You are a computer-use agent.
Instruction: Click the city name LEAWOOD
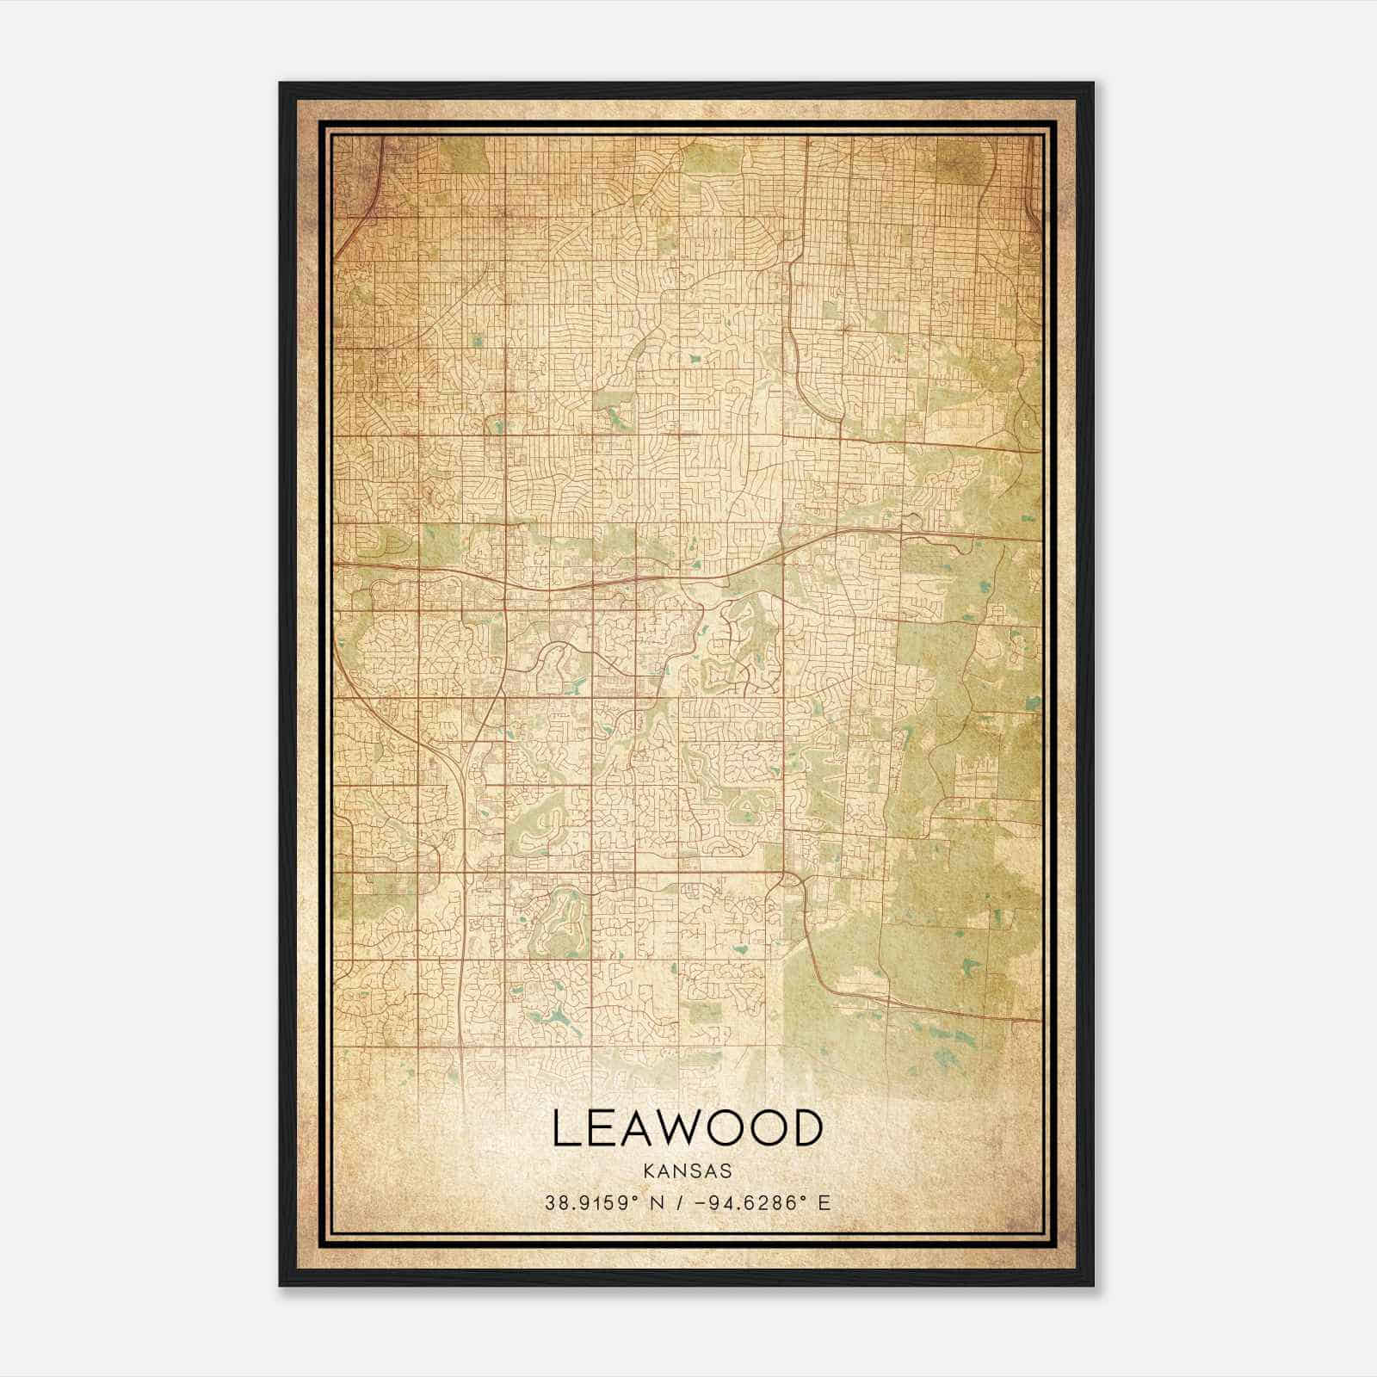point(687,1128)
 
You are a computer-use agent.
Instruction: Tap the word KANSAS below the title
point(687,1171)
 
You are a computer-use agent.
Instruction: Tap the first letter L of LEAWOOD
point(565,1128)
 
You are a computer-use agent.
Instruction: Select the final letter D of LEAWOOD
point(806,1128)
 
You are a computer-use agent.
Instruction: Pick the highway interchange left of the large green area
point(790,881)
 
